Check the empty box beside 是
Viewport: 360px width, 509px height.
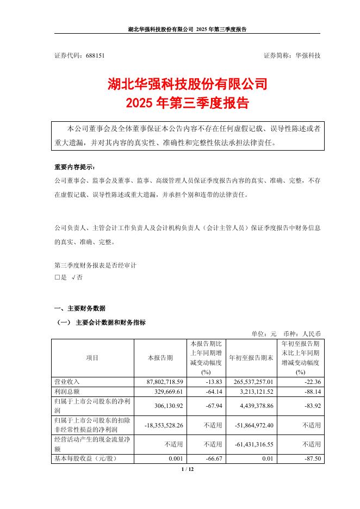[57, 277]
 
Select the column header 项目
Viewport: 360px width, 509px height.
[92, 358]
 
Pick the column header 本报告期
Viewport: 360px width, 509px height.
[161, 358]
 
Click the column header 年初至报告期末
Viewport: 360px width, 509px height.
[251, 358]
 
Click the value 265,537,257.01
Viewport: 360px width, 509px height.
[251, 382]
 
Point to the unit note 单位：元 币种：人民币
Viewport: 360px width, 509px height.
[286, 333]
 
